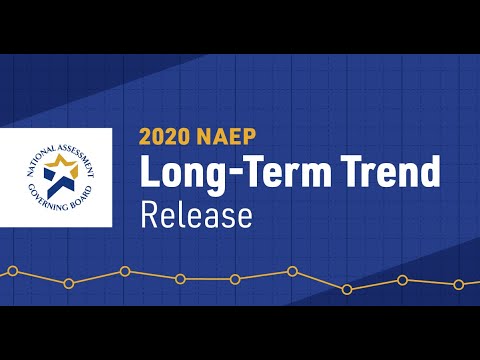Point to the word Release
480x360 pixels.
point(196,215)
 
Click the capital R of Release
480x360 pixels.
point(149,215)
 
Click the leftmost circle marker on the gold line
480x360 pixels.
point(13,270)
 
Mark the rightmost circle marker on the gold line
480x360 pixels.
point(459,284)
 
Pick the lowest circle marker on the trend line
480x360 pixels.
point(347,290)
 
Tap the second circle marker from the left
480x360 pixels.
point(68,284)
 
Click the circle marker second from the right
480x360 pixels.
point(402,280)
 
